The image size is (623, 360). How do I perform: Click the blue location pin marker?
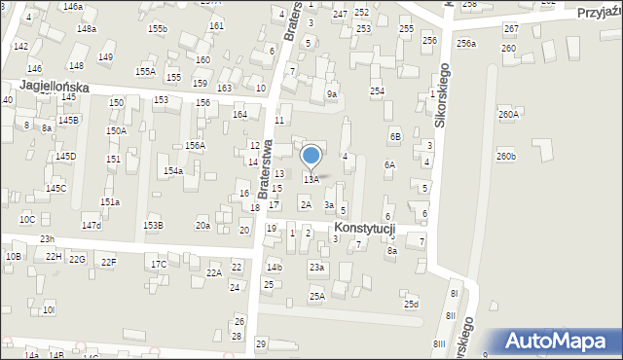tap(311, 157)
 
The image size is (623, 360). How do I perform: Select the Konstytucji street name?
tap(360, 228)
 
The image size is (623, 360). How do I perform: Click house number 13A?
tap(311, 179)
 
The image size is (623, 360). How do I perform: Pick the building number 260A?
tap(508, 114)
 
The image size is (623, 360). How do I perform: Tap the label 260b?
tap(505, 156)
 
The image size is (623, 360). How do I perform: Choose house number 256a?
tap(466, 43)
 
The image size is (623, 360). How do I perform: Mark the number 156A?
tap(195, 145)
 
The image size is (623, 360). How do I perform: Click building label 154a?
tap(173, 170)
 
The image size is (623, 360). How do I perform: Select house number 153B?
tap(153, 225)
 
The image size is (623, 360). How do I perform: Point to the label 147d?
tap(92, 225)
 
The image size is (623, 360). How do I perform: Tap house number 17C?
tap(159, 264)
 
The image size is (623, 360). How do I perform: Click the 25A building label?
tap(316, 295)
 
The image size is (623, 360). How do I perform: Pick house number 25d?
tap(412, 305)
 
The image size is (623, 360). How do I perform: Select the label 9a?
tap(332, 93)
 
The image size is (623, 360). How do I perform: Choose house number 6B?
tap(395, 137)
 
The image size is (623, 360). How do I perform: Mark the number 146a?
tap(72, 6)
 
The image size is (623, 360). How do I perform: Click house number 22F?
tap(108, 262)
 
